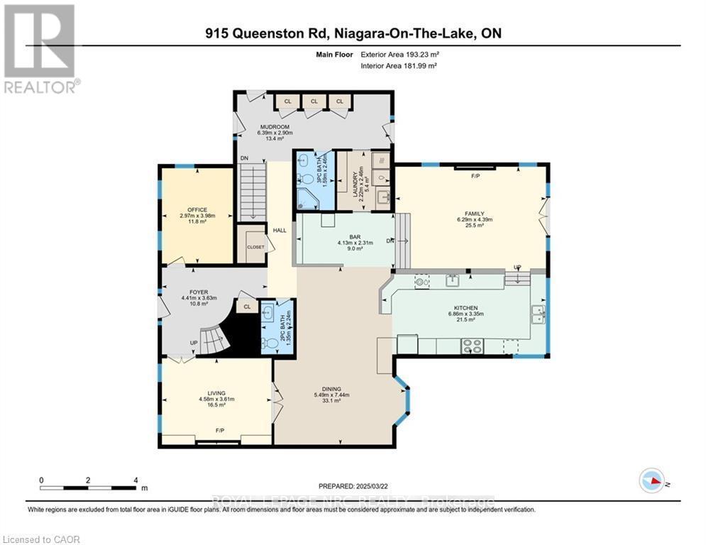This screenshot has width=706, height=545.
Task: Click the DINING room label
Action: pyautogui.click(x=331, y=389)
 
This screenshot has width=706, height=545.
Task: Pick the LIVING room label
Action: pyautogui.click(x=216, y=392)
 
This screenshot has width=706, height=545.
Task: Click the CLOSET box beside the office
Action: pyautogui.click(x=255, y=247)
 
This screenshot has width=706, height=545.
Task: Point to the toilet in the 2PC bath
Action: pyautogui.click(x=270, y=344)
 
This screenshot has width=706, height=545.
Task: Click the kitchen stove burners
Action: pyautogui.click(x=472, y=346)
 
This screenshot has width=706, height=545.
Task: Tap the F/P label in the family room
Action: pyautogui.click(x=475, y=175)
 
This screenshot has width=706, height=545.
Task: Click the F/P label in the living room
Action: pyautogui.click(x=220, y=431)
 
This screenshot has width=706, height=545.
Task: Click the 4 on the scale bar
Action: pyautogui.click(x=136, y=480)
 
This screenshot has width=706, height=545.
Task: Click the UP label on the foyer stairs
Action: pyautogui.click(x=193, y=343)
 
